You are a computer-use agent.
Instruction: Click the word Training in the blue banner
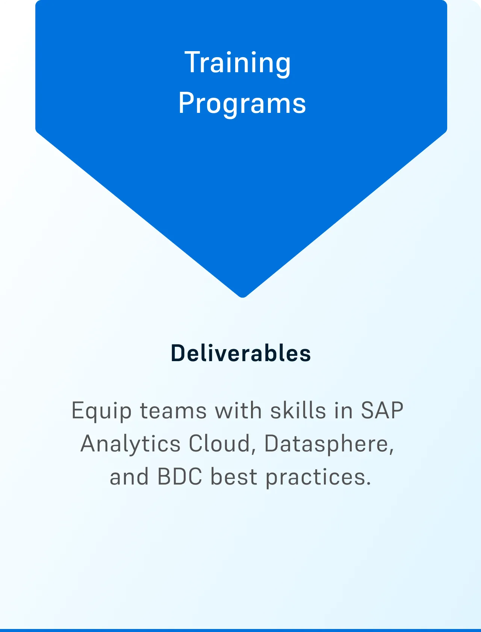pyautogui.click(x=237, y=63)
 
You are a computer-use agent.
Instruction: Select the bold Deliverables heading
pyautogui.click(x=240, y=353)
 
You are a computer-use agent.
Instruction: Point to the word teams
pyautogui.click(x=173, y=410)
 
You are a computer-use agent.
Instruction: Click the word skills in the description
pyautogui.click(x=298, y=410)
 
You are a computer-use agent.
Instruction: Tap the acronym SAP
pyautogui.click(x=382, y=410)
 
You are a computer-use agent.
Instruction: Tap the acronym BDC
pyautogui.click(x=180, y=477)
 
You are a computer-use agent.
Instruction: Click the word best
pyautogui.click(x=234, y=476)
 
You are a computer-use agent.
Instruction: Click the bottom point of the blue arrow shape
pyautogui.click(x=242, y=297)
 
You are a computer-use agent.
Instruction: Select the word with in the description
pyautogui.click(x=238, y=410)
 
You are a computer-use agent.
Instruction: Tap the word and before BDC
pyautogui.click(x=129, y=477)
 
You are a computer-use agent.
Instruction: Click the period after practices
pyautogui.click(x=369, y=483)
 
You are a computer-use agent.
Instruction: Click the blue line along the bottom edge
pyautogui.click(x=240, y=630)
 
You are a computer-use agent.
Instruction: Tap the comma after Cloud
pyautogui.click(x=253, y=452)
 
